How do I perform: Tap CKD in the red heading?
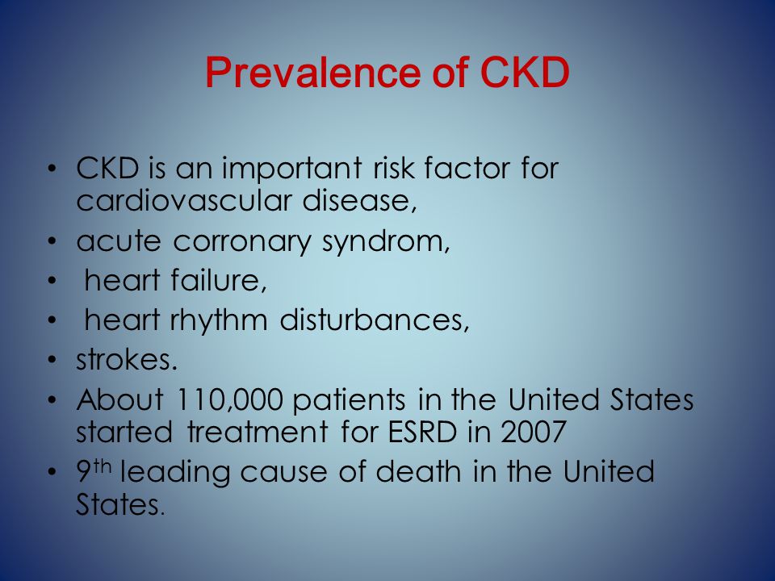point(525,73)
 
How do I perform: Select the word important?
point(291,169)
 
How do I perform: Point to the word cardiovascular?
point(184,201)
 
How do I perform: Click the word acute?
point(119,241)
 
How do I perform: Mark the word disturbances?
point(374,320)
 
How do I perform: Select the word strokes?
point(127,359)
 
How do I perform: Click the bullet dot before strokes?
point(52,360)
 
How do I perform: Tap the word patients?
point(349,400)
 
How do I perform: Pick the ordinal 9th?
point(94,470)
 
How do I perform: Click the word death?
point(418,470)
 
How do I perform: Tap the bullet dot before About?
point(52,399)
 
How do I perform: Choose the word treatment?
point(257,431)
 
